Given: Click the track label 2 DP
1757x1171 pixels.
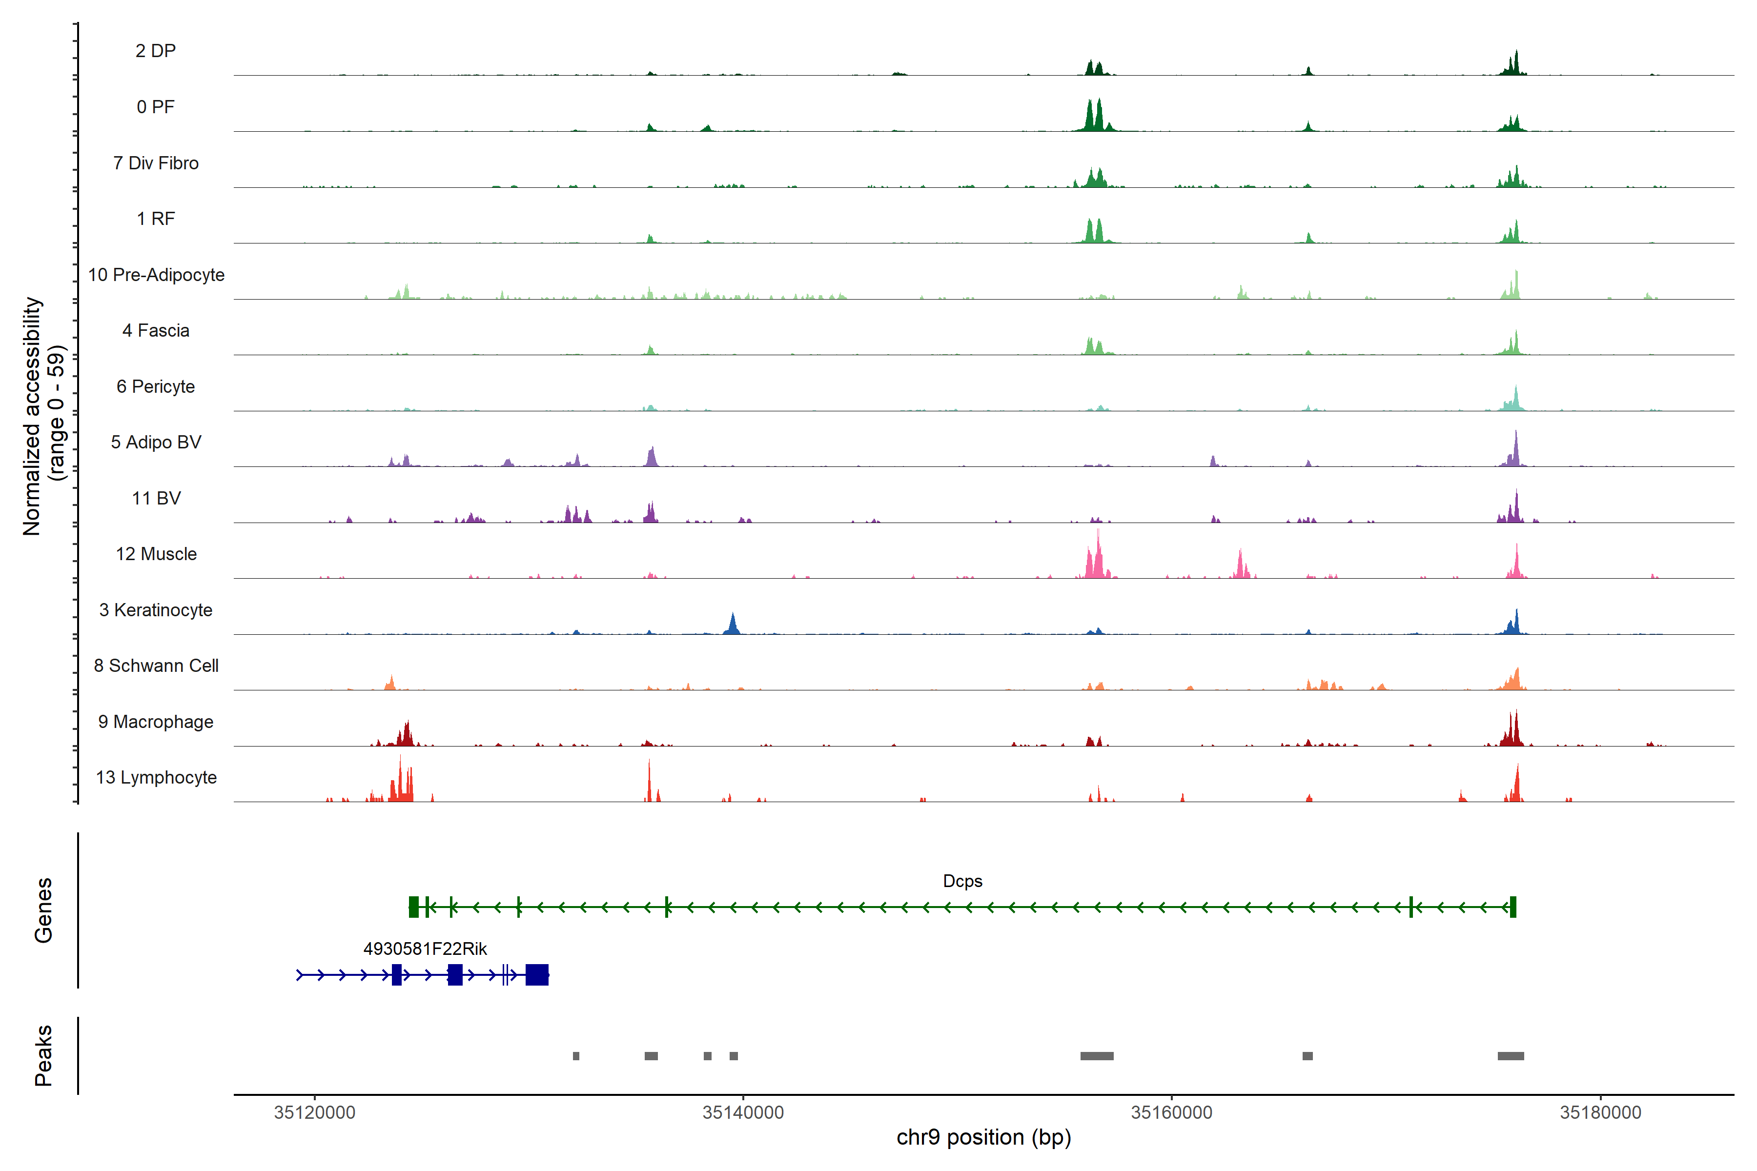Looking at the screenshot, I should click(x=155, y=51).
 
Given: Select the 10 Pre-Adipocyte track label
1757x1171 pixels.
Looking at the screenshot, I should click(x=156, y=275).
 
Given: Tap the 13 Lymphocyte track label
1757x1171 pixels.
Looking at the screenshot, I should click(x=156, y=777).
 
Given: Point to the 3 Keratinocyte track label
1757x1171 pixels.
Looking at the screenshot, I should click(x=156, y=610).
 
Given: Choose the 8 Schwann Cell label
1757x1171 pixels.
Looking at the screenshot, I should click(x=156, y=666).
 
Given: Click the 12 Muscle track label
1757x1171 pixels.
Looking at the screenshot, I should click(x=156, y=554).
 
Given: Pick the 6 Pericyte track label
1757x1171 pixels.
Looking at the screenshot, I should click(x=155, y=387).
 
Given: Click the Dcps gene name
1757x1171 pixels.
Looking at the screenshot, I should click(x=962, y=881).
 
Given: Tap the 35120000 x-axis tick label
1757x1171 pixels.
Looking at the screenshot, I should click(x=314, y=1113).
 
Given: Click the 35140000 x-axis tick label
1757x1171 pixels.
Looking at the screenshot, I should click(x=743, y=1113).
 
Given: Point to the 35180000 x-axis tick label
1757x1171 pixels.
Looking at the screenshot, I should click(x=1600, y=1113).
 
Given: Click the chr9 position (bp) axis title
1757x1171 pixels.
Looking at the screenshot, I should click(x=983, y=1137).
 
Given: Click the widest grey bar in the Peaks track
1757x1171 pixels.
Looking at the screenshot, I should click(x=1097, y=1056).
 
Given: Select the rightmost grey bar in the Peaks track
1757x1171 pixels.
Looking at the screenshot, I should click(x=1511, y=1056).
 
